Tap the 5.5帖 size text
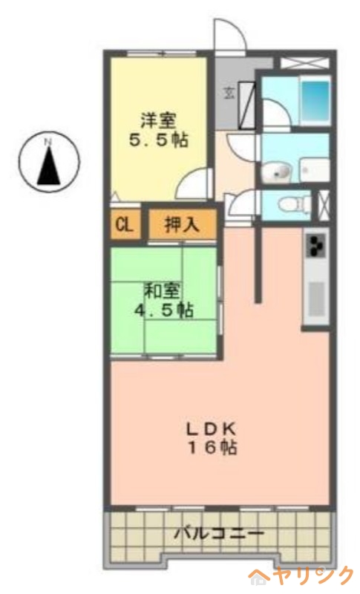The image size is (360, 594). point(158,140)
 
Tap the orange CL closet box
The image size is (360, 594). point(124,223)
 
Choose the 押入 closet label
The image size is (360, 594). point(181,223)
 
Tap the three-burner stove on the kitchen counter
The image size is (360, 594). point(316,246)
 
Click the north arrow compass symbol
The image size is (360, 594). point(48,161)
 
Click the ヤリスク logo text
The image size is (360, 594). point(304,575)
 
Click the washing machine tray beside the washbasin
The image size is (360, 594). point(312,169)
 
